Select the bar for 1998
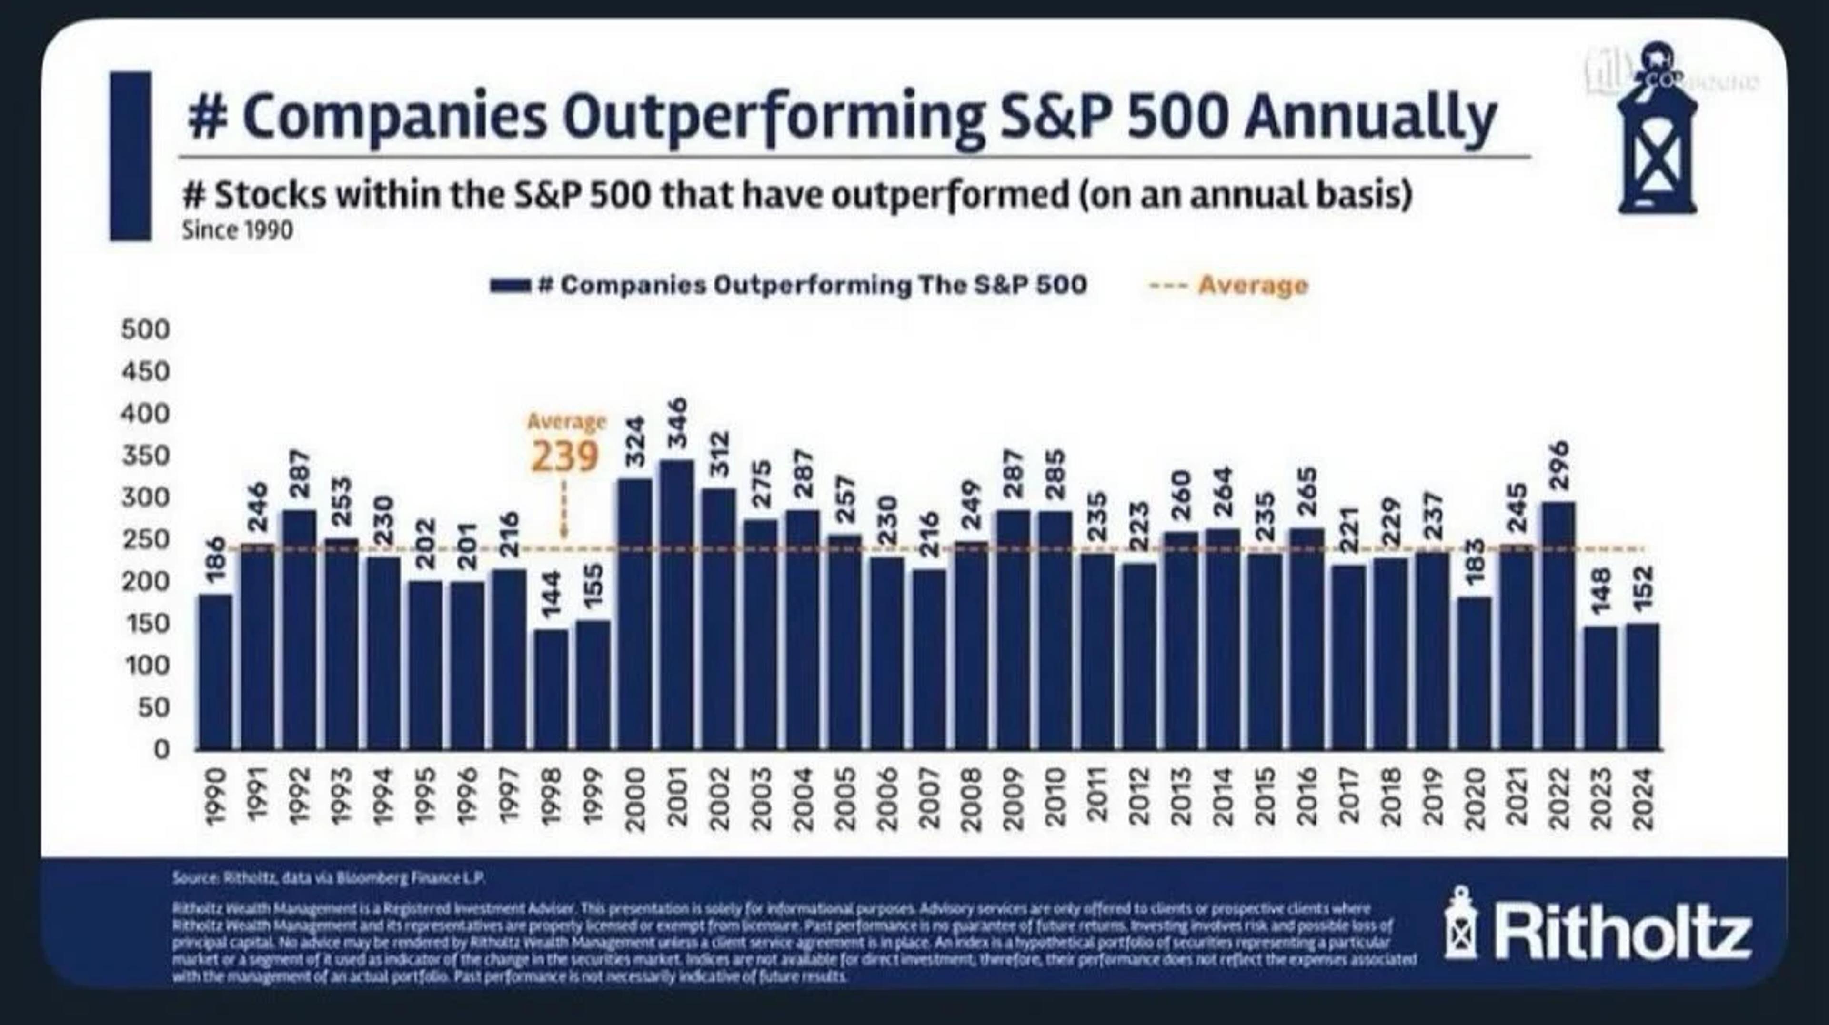pos(552,688)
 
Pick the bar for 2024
pos(1643,686)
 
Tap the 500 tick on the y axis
pos(146,329)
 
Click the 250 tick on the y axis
pos(146,539)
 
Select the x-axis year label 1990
pos(216,798)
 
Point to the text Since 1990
pos(237,231)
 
